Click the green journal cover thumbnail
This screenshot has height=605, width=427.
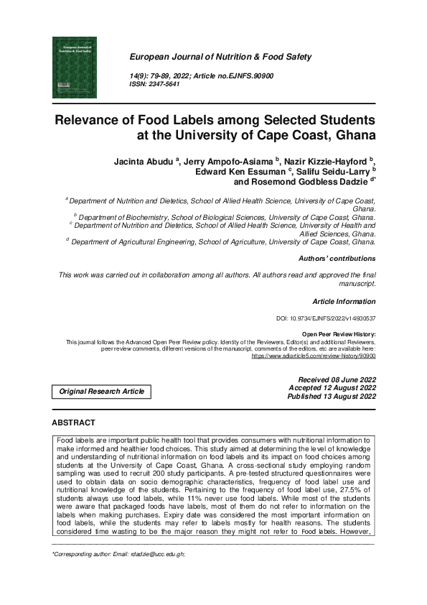pyautogui.click(x=74, y=68)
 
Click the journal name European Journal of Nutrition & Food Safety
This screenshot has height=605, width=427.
pyautogui.click(x=220, y=57)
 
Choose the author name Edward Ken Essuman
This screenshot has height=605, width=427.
pyautogui.click(x=239, y=172)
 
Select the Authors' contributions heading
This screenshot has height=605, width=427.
pyautogui.click(x=337, y=258)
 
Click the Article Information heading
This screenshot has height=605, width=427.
pyautogui.click(x=344, y=301)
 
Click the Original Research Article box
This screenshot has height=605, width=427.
pyautogui.click(x=101, y=392)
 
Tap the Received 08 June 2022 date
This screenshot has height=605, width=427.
pyautogui.click(x=337, y=379)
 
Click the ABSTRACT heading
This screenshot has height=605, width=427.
pyautogui.click(x=74, y=422)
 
